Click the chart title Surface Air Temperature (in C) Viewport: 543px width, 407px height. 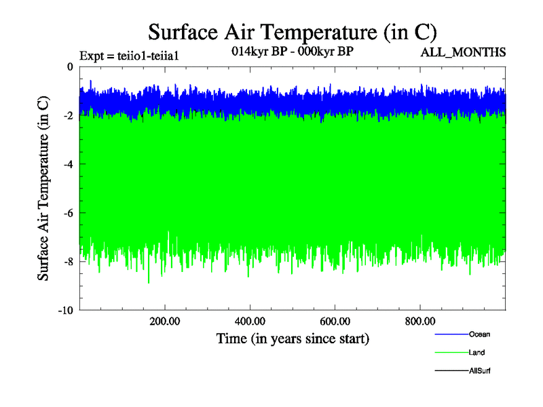pyautogui.click(x=292, y=32)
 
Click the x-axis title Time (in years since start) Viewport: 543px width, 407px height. pyautogui.click(x=293, y=338)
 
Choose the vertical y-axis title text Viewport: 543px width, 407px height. pyautogui.click(x=43, y=189)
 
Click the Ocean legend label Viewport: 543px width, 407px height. pyautogui.click(x=479, y=334)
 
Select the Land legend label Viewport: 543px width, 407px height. pyautogui.click(x=476, y=352)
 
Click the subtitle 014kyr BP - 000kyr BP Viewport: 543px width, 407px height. pyautogui.click(x=293, y=51)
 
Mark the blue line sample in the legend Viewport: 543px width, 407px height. pyautogui.click(x=451, y=334)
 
